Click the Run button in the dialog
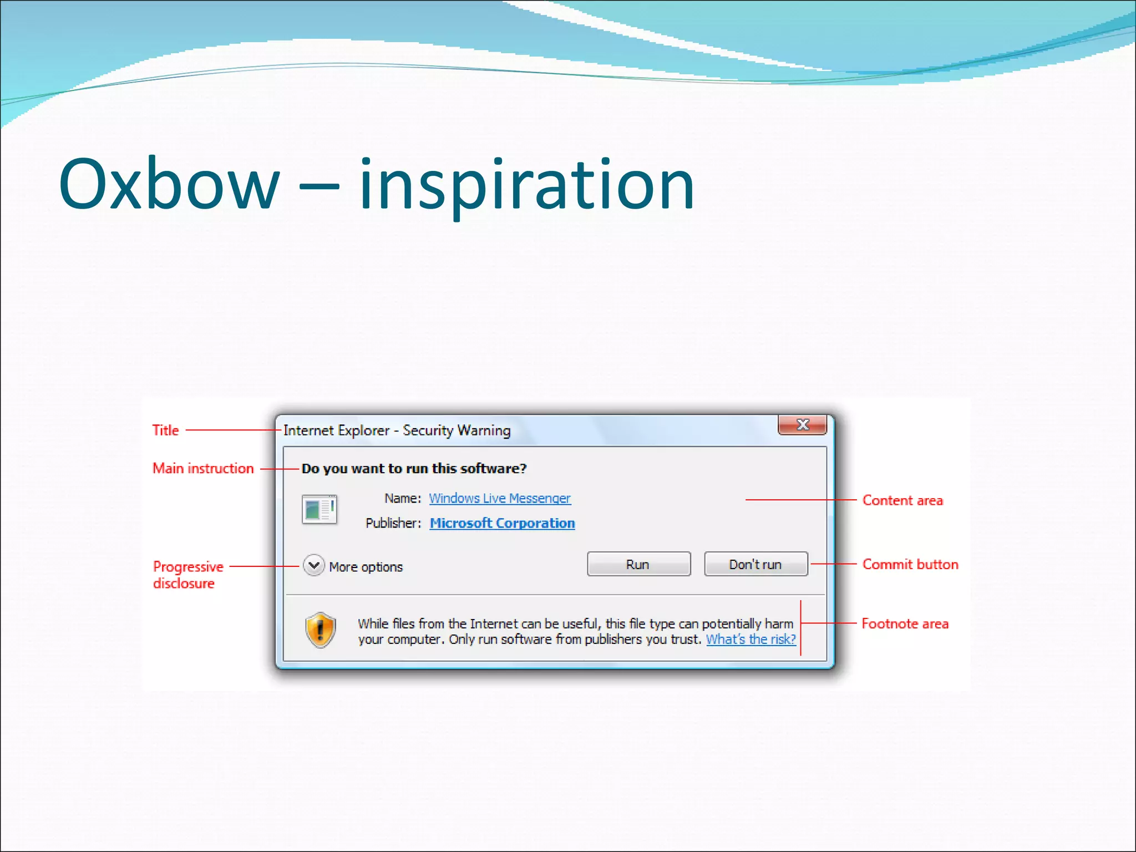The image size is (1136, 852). [638, 564]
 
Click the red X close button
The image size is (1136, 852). [802, 425]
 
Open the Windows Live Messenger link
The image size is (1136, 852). [499, 498]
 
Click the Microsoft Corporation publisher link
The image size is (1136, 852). [502, 523]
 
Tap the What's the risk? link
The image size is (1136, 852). [750, 639]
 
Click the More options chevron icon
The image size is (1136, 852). [314, 566]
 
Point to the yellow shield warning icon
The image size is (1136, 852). [321, 630]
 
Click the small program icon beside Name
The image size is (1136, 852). [319, 509]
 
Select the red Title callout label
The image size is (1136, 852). [165, 430]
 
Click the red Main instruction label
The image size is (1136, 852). [203, 469]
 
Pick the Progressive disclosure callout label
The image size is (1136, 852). [187, 575]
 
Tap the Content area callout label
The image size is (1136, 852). [902, 500]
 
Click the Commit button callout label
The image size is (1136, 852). [910, 564]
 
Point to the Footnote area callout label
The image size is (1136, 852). [905, 623]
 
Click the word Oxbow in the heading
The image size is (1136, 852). [169, 184]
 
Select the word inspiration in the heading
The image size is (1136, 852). [526, 186]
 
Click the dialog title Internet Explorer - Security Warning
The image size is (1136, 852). [397, 430]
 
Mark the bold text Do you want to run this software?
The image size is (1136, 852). [414, 469]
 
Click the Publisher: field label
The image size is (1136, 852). [393, 523]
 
